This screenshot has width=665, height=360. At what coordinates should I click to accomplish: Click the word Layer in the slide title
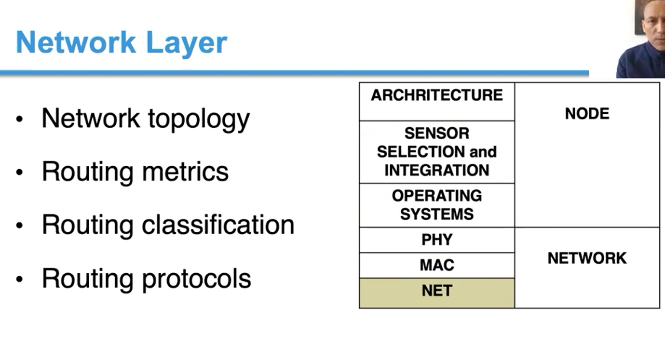coord(186,43)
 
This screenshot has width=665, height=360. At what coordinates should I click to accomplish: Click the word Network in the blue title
coord(76,43)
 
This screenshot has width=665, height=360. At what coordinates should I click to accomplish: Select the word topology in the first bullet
coord(199,119)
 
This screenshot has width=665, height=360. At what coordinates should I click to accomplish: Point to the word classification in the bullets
coord(217,225)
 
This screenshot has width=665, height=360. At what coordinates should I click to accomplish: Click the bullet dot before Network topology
coord(19,119)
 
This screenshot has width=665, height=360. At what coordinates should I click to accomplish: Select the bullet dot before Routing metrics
coord(19,172)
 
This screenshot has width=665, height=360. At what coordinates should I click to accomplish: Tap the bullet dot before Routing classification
coord(19,225)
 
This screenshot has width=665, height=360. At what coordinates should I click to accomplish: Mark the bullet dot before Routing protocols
coord(19,279)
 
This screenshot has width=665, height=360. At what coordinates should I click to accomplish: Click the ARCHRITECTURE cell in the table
coord(437,95)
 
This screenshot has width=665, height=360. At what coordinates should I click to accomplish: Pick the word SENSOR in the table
coord(437,133)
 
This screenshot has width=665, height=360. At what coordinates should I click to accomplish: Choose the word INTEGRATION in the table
coord(437,170)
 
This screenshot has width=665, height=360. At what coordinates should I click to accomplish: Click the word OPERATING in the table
coord(437,196)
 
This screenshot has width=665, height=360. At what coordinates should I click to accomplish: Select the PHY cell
coord(437,240)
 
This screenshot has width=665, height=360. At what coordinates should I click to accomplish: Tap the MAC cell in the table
coord(437,265)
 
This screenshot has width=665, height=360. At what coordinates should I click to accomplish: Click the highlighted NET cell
coord(437,291)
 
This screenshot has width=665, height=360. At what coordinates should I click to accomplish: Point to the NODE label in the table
coord(587,114)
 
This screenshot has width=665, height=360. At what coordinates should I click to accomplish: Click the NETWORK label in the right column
coord(587,258)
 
